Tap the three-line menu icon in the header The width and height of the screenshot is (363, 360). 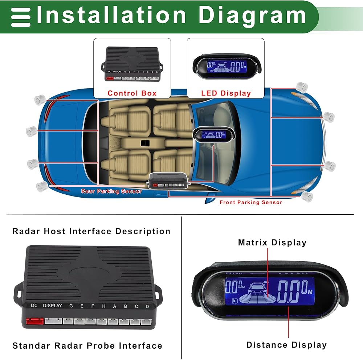point(21,16)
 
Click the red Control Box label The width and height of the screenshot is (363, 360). point(132,93)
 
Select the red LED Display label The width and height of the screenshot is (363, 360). point(226,93)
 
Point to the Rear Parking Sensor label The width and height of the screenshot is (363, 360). point(111,191)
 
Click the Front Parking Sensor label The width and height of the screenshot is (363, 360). point(250,202)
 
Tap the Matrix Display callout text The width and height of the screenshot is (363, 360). point(272,243)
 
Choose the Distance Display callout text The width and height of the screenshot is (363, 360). point(286,345)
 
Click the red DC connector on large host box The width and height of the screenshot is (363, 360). point(34,321)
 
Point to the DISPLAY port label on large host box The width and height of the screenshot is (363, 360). point(52,306)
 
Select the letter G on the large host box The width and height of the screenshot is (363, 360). point(71,306)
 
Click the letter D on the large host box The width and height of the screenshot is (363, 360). point(147,306)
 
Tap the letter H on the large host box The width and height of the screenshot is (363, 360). point(103,306)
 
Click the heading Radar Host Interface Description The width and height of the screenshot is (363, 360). point(91,231)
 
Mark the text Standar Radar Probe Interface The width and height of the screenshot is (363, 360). point(87,345)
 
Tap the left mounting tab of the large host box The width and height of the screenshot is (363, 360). point(18,290)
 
